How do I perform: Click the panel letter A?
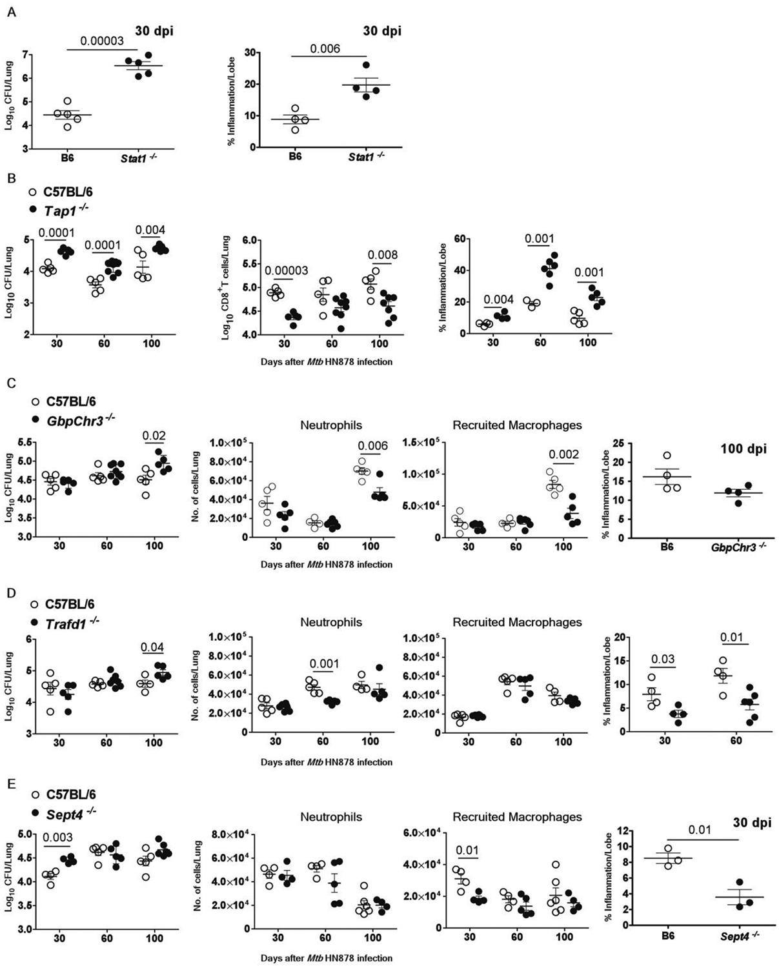point(10,11)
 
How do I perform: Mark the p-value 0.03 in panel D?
point(663,659)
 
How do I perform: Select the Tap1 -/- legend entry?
point(63,208)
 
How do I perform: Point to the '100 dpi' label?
point(745,449)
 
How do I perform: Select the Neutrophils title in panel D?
point(331,622)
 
